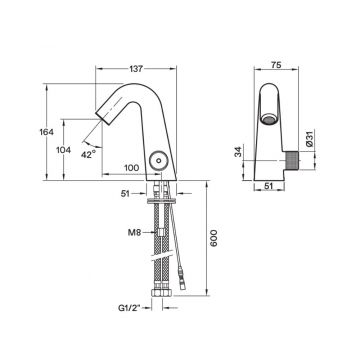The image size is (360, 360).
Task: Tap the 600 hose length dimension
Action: pos(214,238)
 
